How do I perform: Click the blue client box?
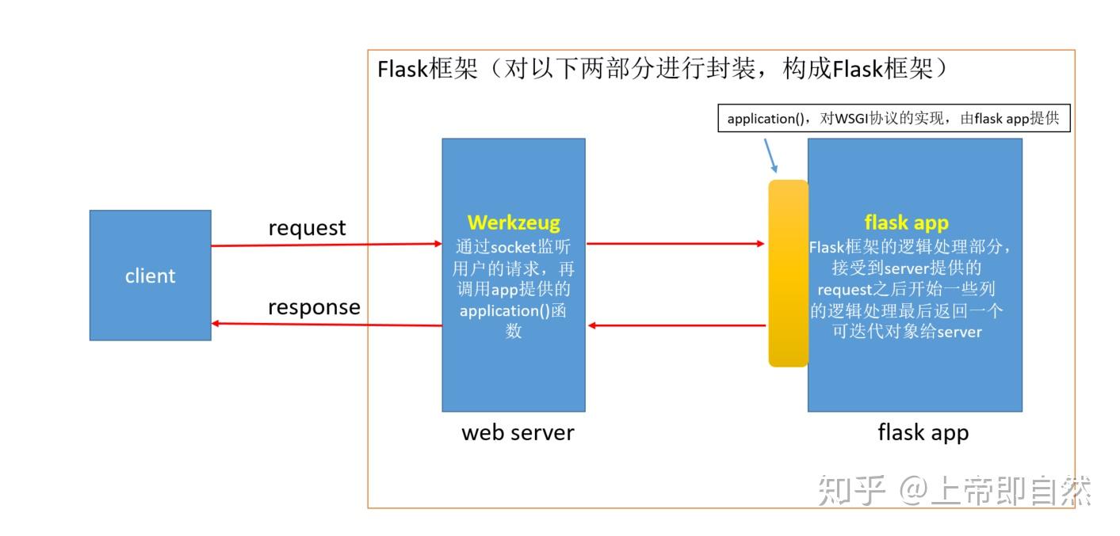point(150,275)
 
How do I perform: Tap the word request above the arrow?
point(307,228)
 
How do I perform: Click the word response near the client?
point(314,307)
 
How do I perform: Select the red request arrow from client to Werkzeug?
point(326,245)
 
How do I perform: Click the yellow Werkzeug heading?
point(513,222)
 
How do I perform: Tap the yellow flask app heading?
point(906,223)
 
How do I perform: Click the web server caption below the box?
point(517,432)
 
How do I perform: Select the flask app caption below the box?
point(923,432)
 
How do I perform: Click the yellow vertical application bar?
point(788,273)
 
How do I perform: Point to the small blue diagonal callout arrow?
point(770,156)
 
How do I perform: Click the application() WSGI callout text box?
point(893,119)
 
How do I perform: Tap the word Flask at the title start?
point(402,70)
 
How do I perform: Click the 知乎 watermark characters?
point(851,491)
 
